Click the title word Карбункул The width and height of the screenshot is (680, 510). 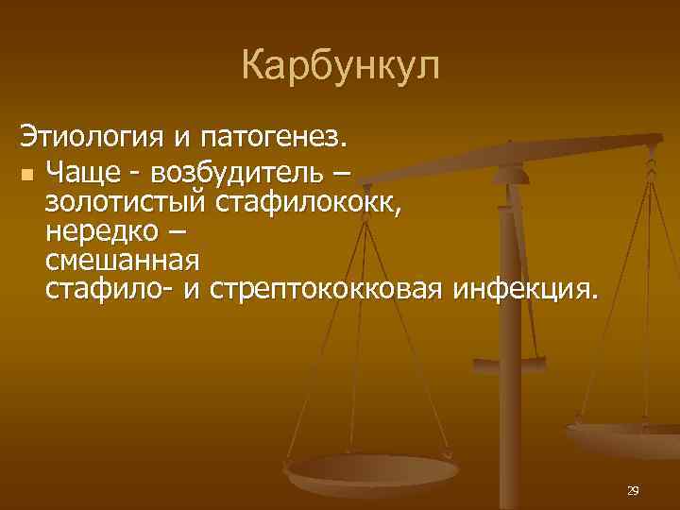coord(340,67)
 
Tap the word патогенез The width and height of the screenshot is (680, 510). coord(274,138)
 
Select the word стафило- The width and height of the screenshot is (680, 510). coord(108,286)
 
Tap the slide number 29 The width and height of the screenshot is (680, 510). coord(633,490)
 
